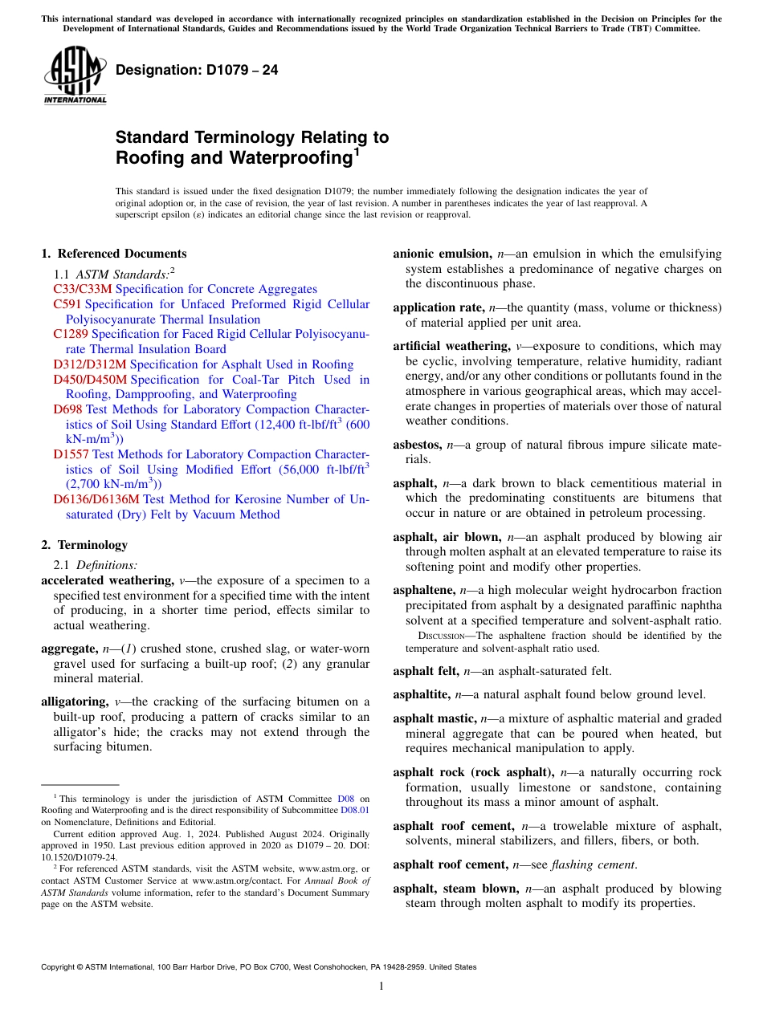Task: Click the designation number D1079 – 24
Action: (197, 71)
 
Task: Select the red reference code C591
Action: (67, 304)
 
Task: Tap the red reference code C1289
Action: (71, 334)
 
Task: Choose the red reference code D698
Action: (67, 409)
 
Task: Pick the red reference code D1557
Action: (71, 454)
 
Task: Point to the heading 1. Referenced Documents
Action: (113, 254)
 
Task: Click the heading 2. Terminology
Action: (84, 545)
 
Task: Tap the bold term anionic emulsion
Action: (442, 254)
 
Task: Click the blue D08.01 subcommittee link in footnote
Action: (354, 811)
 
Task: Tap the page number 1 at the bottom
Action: (381, 986)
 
